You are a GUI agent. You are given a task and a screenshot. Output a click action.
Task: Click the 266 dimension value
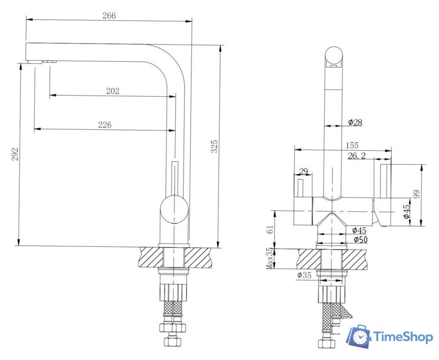[109, 15]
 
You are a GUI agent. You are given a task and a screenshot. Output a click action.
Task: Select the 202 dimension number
[113, 91]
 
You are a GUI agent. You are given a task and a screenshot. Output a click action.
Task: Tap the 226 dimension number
[105, 124]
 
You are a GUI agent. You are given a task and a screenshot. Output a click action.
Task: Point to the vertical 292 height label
[15, 154]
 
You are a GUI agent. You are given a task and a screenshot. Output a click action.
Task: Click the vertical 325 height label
[214, 146]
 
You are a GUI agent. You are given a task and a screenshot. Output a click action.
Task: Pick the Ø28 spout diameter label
[355, 122]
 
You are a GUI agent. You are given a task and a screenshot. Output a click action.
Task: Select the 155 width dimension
[352, 146]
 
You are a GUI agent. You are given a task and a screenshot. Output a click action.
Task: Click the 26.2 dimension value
[357, 156]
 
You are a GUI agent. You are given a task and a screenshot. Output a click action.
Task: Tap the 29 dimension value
[303, 171]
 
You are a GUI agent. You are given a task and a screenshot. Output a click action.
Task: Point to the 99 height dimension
[416, 194]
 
